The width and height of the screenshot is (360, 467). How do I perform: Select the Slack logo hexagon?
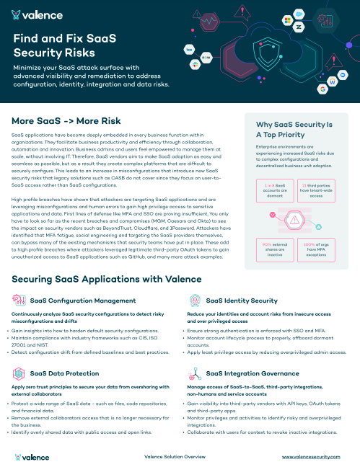tap(195, 64)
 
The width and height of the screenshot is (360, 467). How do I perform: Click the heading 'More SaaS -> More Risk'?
tap(66, 120)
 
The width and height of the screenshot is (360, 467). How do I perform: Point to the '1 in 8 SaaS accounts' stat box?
tap(268, 191)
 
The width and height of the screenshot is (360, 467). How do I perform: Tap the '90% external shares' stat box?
tap(268, 249)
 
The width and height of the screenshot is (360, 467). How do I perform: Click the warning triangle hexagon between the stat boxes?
tap(294, 220)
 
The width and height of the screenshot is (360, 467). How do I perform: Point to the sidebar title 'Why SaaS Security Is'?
tap(294, 124)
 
